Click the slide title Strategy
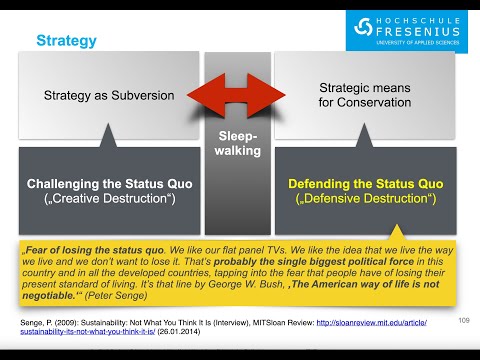pos(67,41)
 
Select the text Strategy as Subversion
pos(109,96)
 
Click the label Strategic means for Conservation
pos(364,96)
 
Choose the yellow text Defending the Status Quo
pos(364,184)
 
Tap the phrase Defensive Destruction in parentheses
pos(364,199)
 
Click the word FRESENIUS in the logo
pos(419,30)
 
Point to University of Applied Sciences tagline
pos(419,43)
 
